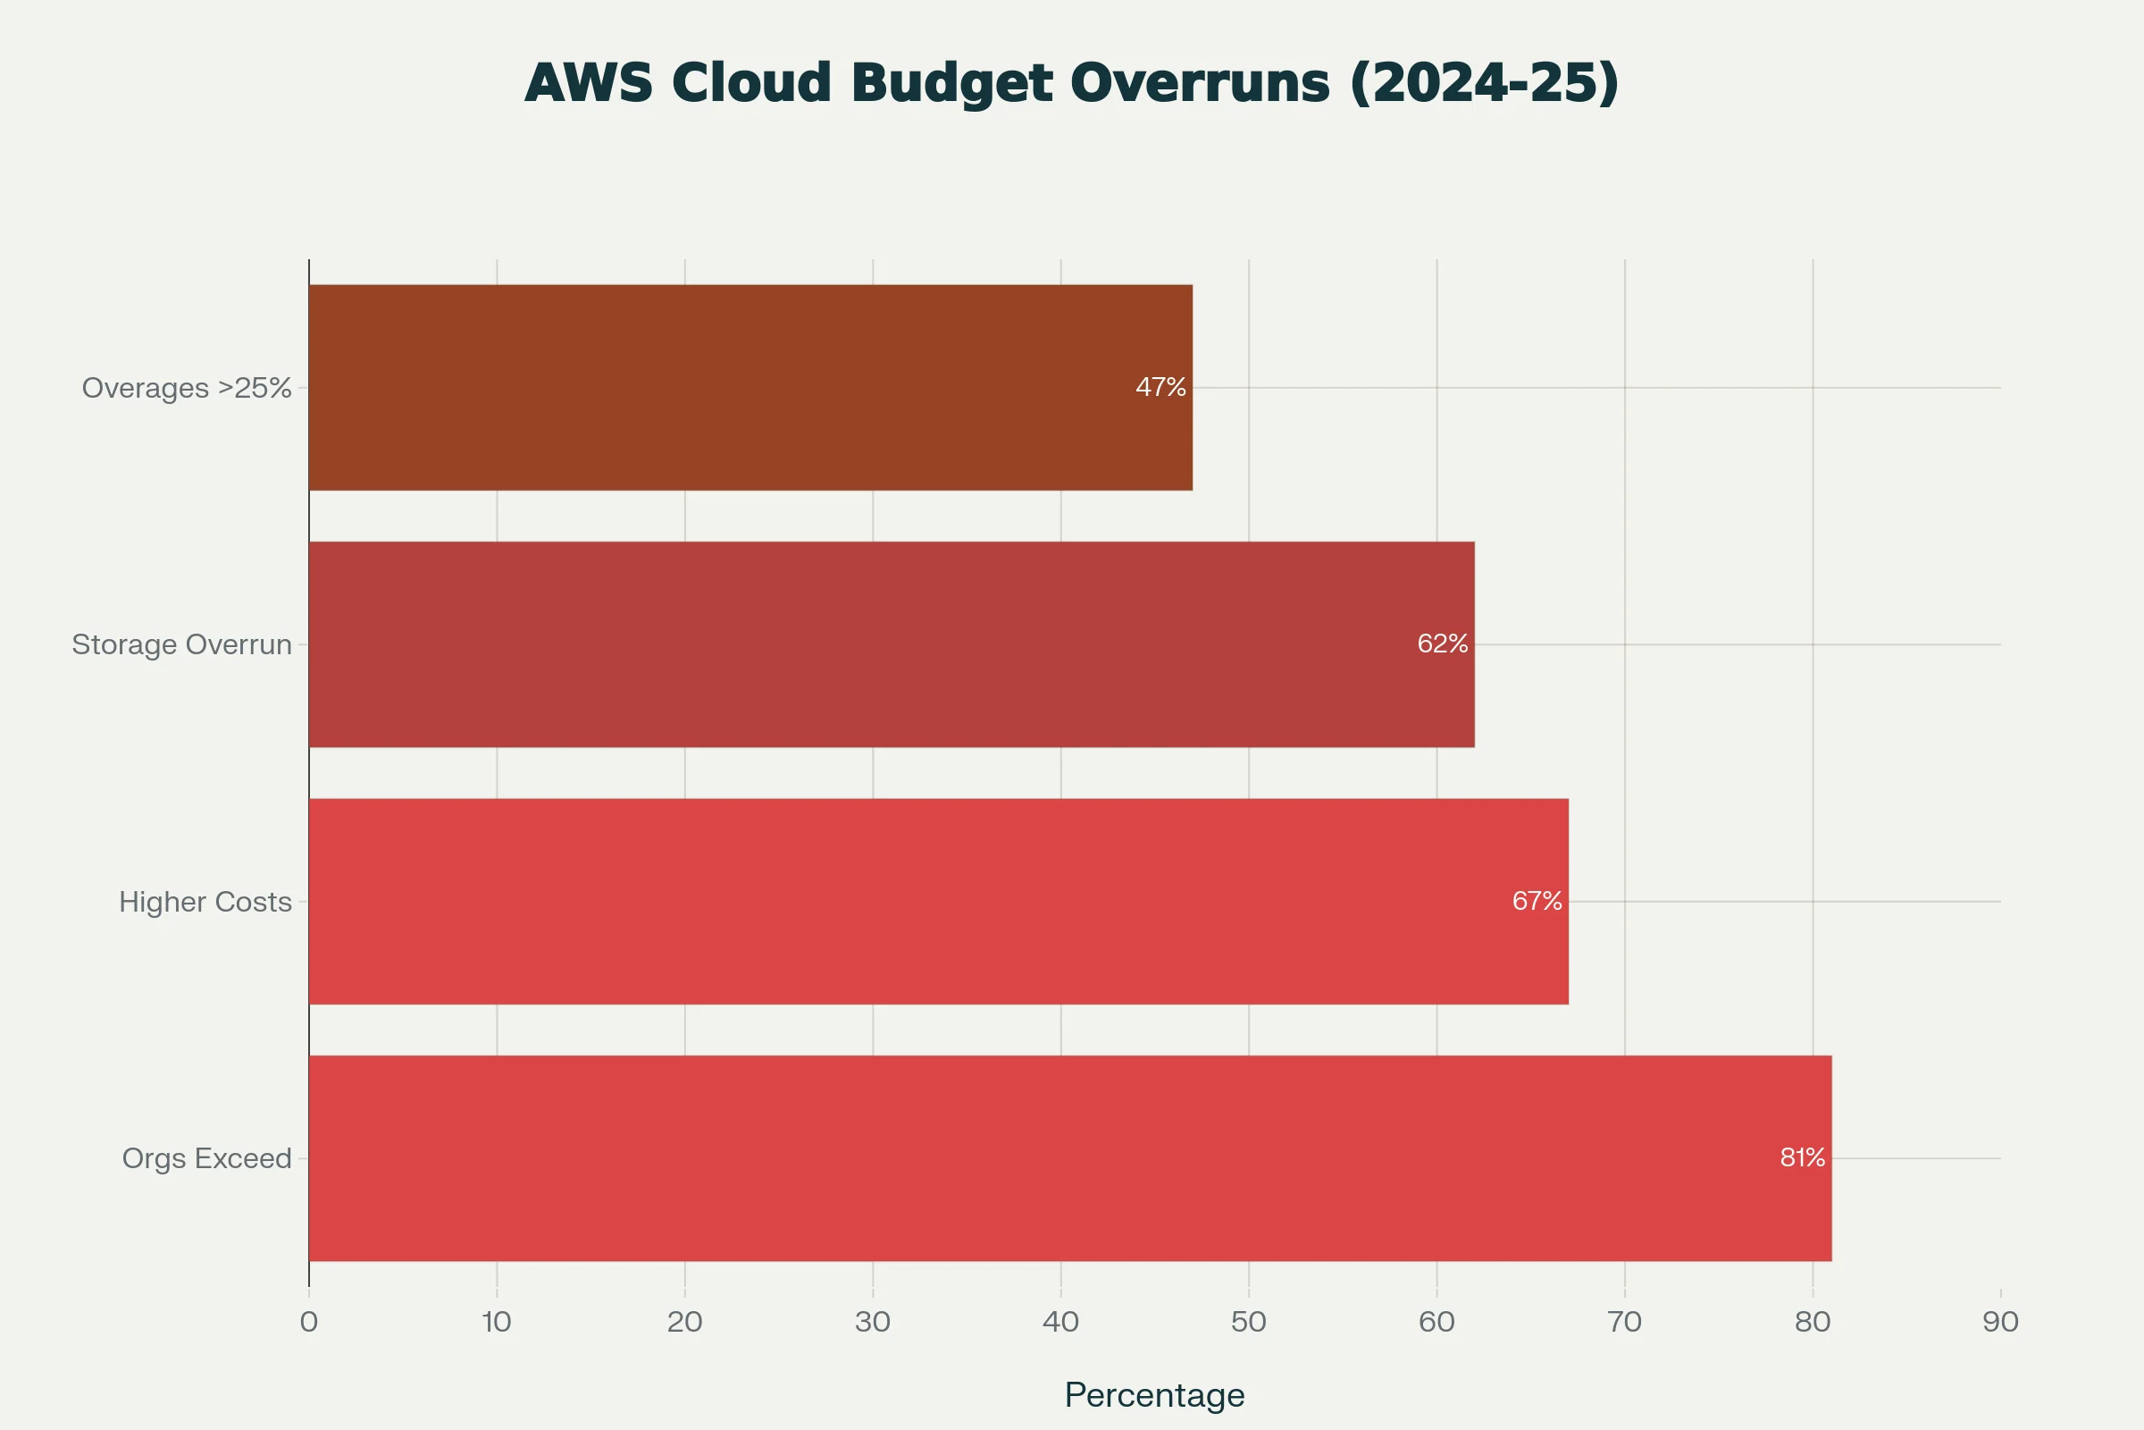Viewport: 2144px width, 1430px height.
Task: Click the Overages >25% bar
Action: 750,388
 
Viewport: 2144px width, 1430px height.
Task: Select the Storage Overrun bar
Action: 892,644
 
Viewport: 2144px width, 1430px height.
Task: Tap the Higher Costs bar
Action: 938,902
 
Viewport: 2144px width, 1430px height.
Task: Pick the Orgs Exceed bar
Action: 1070,1158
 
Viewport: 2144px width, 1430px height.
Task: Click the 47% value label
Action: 1160,388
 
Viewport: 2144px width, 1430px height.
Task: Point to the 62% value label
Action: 1442,644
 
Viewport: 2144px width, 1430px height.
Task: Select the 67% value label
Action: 1537,902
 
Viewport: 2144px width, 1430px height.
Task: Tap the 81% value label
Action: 1802,1158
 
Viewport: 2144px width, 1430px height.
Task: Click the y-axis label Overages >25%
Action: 187,389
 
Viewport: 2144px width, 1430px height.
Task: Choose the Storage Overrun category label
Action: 181,644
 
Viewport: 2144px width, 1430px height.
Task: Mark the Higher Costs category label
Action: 205,902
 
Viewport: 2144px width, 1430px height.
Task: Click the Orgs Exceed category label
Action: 207,1158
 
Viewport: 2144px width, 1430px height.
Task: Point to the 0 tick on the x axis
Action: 309,1322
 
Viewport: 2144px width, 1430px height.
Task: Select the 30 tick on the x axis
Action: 873,1322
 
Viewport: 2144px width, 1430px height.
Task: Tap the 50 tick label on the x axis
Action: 1248,1322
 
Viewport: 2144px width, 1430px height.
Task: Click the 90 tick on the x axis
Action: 2000,1322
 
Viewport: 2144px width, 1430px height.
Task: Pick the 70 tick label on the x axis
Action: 1623,1322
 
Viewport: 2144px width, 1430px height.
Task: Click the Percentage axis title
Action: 1154,1395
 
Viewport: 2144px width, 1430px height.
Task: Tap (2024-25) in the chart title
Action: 1483,83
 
